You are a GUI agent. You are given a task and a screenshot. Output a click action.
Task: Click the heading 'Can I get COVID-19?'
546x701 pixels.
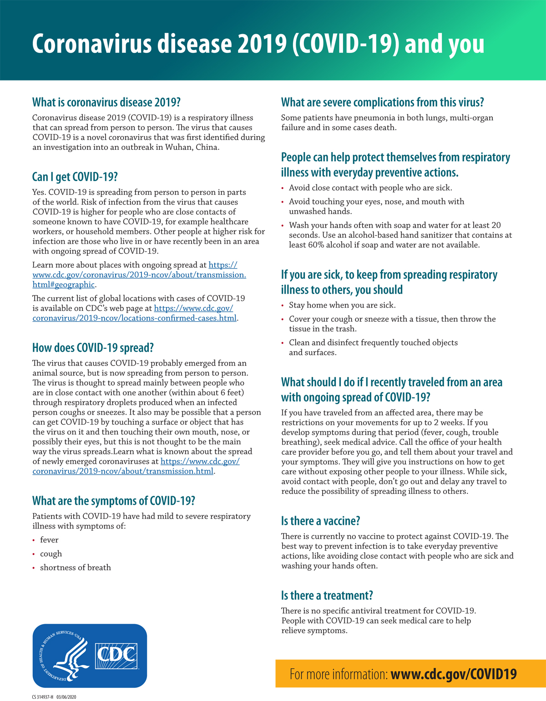click(x=75, y=177)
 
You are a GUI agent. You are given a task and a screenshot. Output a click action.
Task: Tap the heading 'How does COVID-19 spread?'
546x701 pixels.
click(x=93, y=348)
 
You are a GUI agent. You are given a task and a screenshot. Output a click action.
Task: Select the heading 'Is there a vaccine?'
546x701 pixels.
click(x=320, y=521)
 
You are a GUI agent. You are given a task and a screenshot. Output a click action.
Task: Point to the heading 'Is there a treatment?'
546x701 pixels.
click(x=327, y=595)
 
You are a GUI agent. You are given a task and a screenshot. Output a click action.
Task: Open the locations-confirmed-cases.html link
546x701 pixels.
click(x=135, y=318)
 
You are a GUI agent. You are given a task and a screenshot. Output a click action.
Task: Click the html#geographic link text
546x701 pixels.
click(x=64, y=285)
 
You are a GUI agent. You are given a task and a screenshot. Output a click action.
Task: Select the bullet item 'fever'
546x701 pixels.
click(x=49, y=540)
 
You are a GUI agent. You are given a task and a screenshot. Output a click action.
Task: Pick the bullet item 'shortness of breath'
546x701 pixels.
click(x=76, y=568)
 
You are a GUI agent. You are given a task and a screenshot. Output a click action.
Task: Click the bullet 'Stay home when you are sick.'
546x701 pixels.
click(x=342, y=305)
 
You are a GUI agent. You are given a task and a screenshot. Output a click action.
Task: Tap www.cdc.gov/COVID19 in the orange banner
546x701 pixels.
click(x=454, y=674)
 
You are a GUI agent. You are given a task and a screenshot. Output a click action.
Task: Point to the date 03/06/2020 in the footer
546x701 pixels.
click(x=66, y=697)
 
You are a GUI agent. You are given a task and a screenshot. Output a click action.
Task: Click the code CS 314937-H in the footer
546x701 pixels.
click(x=43, y=697)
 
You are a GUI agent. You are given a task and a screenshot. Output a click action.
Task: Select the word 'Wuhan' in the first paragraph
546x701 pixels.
click(x=178, y=147)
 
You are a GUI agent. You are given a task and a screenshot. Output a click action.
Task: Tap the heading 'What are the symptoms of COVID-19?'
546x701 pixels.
click(x=114, y=501)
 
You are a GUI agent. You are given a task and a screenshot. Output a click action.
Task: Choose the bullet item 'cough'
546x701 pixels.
click(x=51, y=554)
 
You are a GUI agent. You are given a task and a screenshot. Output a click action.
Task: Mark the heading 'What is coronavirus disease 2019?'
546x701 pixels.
click(x=106, y=102)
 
